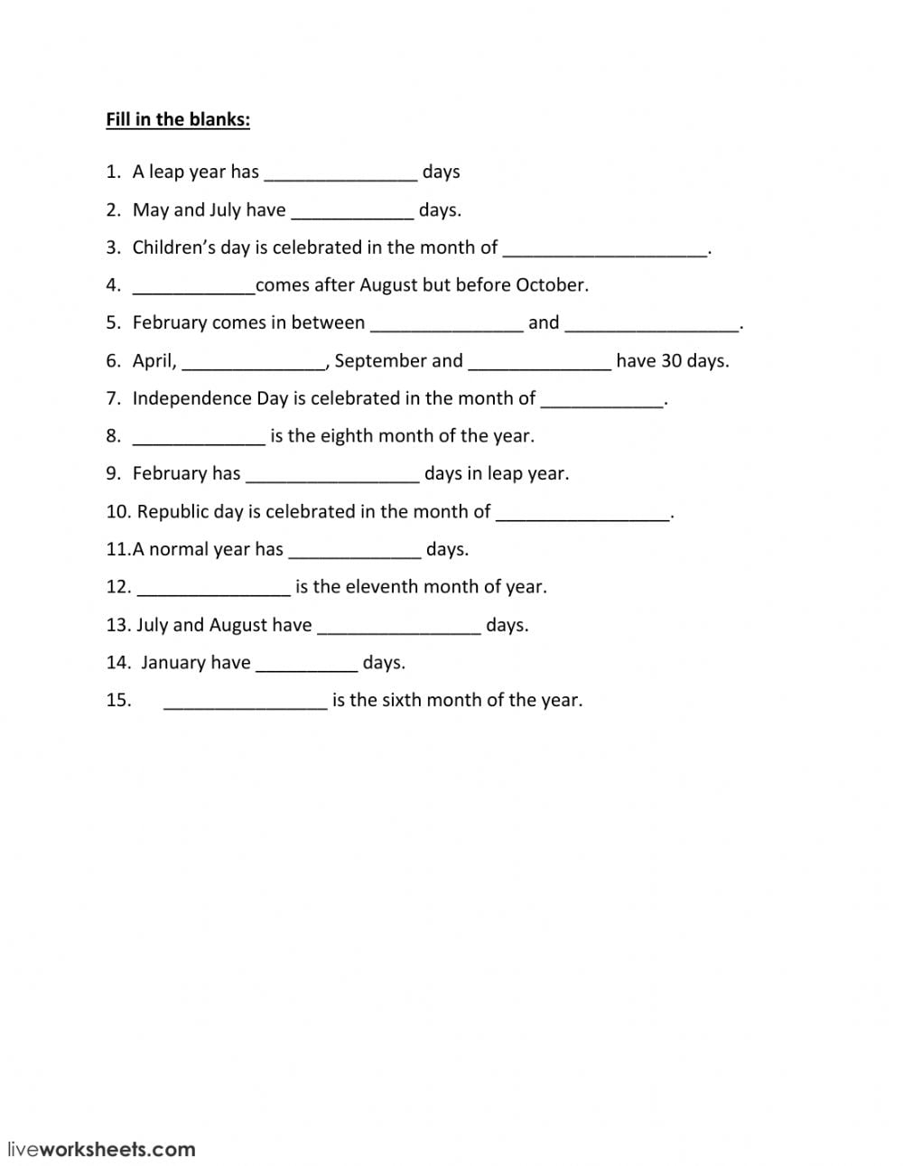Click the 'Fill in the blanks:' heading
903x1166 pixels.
178,119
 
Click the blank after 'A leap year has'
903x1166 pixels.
340,173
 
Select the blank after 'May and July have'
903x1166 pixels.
352,211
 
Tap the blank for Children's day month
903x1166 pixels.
605,249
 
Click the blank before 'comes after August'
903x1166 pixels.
193,286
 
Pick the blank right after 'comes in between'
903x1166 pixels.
447,324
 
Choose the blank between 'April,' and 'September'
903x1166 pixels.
254,362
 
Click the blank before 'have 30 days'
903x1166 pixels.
540,362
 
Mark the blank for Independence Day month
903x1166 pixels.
601,400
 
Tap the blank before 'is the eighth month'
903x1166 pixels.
199,437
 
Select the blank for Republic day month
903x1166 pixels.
583,513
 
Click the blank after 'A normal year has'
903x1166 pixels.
354,551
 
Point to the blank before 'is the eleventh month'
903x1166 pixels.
213,588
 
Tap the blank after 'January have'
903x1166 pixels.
307,664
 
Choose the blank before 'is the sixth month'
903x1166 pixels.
245,702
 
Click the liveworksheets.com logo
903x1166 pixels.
101,1150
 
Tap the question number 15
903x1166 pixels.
118,700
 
